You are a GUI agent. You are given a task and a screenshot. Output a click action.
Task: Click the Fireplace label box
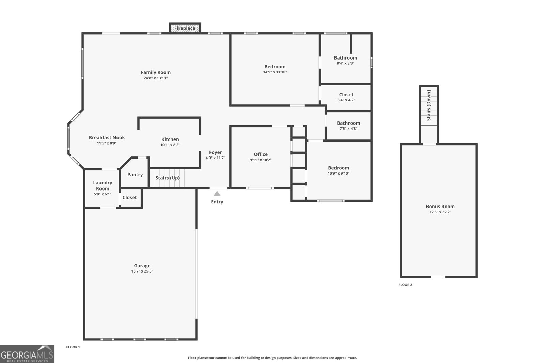coord(185,28)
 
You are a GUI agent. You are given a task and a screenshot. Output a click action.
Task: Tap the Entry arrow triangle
coord(217,194)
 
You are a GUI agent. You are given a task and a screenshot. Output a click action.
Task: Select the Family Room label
coord(156,72)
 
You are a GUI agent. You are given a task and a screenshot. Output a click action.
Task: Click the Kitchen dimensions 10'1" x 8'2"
coord(170,145)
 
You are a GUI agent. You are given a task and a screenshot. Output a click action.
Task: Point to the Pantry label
coord(135,175)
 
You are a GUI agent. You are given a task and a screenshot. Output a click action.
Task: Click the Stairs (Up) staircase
coord(167,178)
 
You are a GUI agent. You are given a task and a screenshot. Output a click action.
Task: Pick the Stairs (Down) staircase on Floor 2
coord(429,105)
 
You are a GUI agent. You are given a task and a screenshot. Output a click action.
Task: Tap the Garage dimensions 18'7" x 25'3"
coord(142,271)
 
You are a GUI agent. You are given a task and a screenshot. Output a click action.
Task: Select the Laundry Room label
coord(103,186)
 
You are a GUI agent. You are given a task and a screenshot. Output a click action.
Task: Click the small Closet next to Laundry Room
coord(129,198)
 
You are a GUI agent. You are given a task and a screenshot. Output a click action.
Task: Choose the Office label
coord(261,154)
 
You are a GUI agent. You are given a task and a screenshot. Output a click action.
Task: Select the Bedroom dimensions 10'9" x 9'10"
coord(339,174)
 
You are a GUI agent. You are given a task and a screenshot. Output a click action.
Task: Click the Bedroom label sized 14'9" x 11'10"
coord(275,67)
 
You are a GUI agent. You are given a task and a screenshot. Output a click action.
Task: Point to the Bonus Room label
coord(440,207)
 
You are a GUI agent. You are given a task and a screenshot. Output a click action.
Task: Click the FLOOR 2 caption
coord(405,285)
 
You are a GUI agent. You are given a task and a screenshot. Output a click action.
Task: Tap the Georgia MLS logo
coord(27,354)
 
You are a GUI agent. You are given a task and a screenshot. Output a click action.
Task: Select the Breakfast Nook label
coord(107,138)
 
